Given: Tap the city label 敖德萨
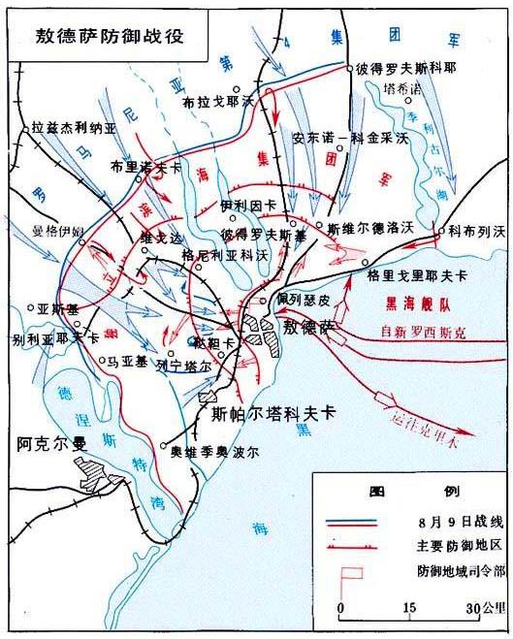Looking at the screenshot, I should coord(309,328).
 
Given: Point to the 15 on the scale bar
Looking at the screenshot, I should coord(410,608).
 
